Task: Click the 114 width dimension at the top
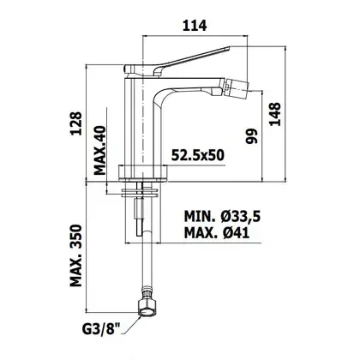(195, 26)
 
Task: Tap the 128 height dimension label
(76, 123)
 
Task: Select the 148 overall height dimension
(275, 114)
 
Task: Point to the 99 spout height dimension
(251, 136)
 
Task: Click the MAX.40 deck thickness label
(100, 151)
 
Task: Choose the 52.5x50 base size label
(198, 155)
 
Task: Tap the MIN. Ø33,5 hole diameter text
(222, 216)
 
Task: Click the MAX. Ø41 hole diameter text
(217, 233)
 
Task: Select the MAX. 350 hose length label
(76, 255)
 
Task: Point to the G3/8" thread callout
(101, 331)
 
